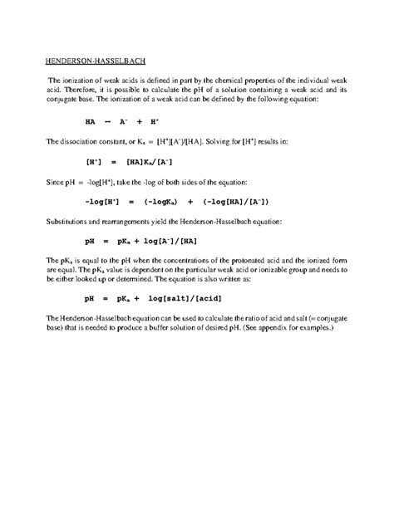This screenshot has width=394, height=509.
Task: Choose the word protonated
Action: click(243, 260)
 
